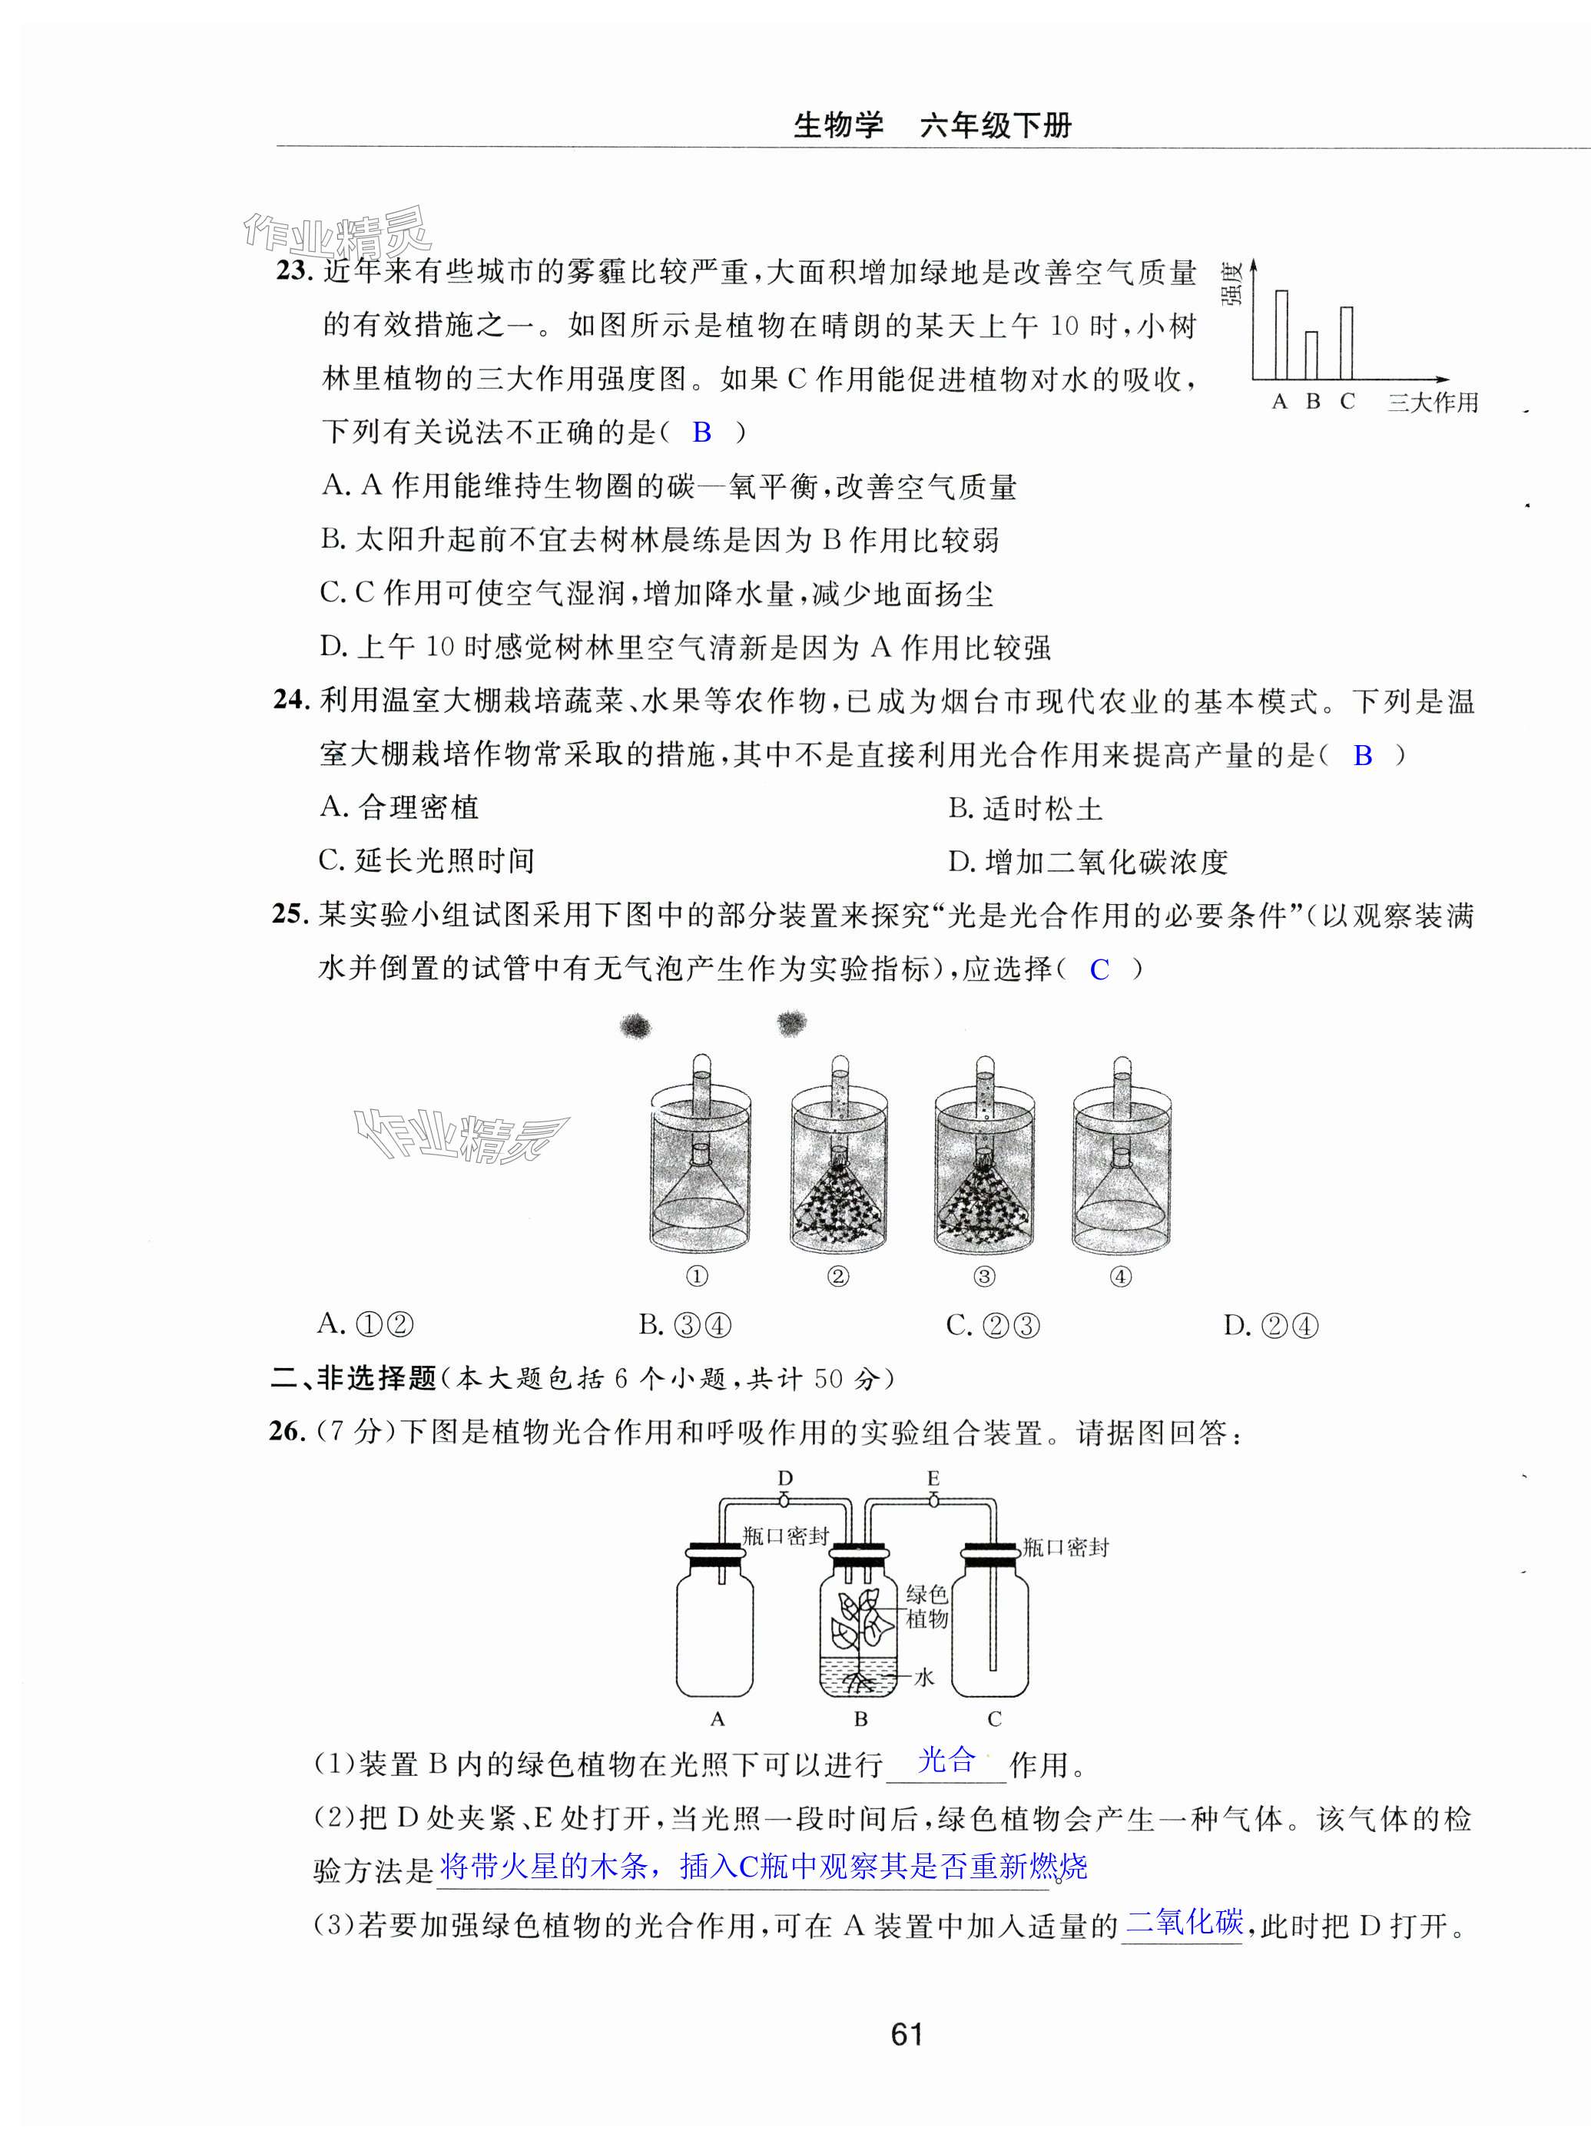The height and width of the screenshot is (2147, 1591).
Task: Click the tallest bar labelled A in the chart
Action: click(x=1281, y=334)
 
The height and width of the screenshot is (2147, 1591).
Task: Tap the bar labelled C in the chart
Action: click(x=1347, y=343)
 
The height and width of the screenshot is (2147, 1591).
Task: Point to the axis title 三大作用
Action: click(x=1432, y=403)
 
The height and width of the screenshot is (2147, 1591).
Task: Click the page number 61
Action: click(x=907, y=2034)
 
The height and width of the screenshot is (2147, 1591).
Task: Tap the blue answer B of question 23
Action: click(x=702, y=432)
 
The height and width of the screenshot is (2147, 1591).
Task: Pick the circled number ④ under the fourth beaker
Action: click(x=1120, y=1277)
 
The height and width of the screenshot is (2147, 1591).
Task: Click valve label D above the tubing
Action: click(x=785, y=1478)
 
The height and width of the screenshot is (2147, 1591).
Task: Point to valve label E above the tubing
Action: click(x=933, y=1478)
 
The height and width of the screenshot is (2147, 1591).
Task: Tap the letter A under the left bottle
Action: click(x=717, y=1718)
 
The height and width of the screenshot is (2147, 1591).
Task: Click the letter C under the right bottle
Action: click(x=994, y=1718)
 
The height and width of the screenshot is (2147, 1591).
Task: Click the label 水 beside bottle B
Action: click(x=923, y=1677)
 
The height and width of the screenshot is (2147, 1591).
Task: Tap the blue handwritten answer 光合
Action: click(x=946, y=1760)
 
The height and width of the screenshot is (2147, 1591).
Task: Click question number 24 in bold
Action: click(x=289, y=700)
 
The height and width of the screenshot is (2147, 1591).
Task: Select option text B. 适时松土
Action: click(x=1025, y=808)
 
